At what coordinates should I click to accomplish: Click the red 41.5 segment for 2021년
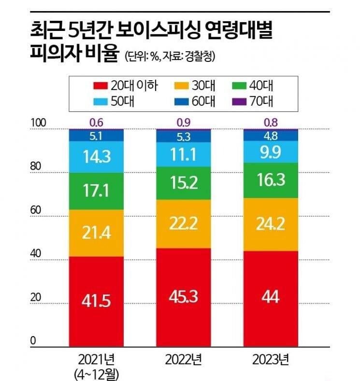(x=96, y=301)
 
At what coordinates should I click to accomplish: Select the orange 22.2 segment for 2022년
(x=184, y=224)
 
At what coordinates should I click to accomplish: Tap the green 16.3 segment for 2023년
(x=271, y=180)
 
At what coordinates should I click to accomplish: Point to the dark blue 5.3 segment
(x=184, y=136)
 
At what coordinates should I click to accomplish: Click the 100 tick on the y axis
(x=38, y=123)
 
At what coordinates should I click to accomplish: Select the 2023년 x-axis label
(x=271, y=360)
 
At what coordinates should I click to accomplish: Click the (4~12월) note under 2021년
(x=96, y=374)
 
